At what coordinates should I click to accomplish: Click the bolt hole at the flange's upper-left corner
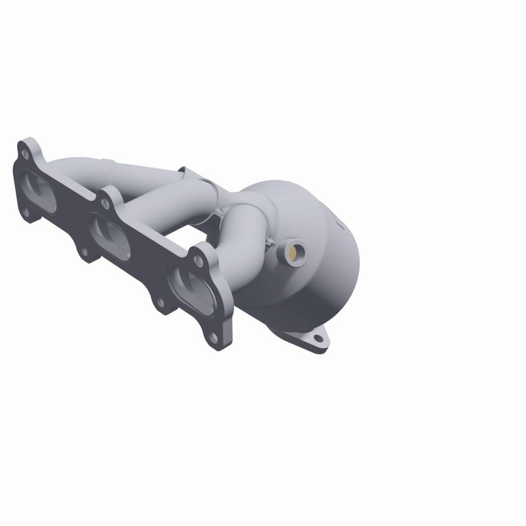point(25,155)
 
